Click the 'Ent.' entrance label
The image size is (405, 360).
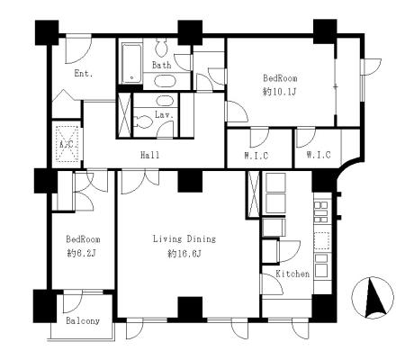point(84,74)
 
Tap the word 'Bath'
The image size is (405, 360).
point(162,65)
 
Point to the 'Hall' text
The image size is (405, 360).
point(150,155)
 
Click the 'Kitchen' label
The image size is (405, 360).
point(292,274)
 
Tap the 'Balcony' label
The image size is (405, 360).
point(83,321)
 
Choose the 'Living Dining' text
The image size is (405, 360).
point(184,239)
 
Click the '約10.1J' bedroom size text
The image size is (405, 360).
point(280,92)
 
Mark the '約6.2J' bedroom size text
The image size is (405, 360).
point(82,254)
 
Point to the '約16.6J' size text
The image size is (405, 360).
point(184,254)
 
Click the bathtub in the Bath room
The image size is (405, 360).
point(131,64)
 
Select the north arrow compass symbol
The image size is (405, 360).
point(373,298)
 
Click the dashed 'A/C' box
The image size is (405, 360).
point(67,144)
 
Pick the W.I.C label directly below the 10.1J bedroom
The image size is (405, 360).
point(256,156)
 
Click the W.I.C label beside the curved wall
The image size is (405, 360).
point(319,155)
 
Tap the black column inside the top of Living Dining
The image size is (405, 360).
point(190,181)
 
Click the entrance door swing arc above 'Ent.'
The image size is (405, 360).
point(78,50)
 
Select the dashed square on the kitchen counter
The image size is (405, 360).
point(322,240)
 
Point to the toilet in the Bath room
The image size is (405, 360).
point(162,48)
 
